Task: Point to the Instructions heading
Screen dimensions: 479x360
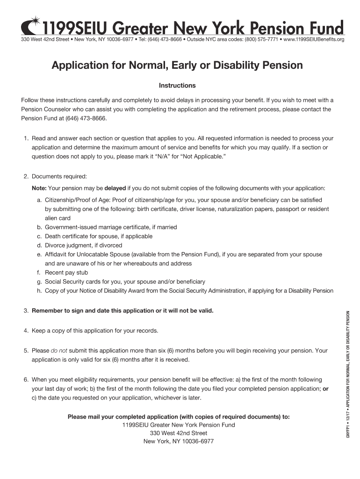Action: click(x=177, y=86)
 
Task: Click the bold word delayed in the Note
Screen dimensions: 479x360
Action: click(x=115, y=188)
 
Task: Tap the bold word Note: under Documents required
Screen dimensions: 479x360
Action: click(x=39, y=188)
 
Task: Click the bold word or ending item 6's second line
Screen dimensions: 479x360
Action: click(x=325, y=389)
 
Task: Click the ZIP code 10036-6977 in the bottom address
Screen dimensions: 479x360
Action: click(x=194, y=441)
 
